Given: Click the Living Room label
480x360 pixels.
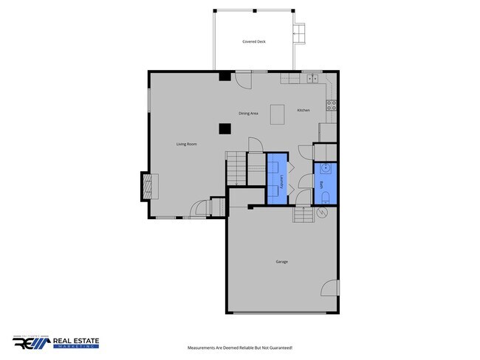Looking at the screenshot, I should [x=186, y=144].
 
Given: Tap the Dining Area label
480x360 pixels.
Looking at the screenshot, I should [x=248, y=114].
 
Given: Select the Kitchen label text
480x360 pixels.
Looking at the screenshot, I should [x=304, y=111].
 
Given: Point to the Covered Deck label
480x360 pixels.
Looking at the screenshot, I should [x=254, y=42].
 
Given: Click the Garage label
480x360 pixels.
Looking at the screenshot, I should [x=282, y=262].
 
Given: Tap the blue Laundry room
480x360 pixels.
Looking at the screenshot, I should [x=278, y=178].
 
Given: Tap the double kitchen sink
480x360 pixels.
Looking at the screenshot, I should [x=312, y=77].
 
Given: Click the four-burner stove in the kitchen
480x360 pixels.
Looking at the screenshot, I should [x=332, y=105].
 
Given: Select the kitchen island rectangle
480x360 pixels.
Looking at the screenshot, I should [x=278, y=114].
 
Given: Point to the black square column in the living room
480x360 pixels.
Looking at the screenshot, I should [x=224, y=128].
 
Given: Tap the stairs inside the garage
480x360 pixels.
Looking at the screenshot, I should [x=302, y=214].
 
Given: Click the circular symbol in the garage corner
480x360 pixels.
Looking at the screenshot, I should [x=321, y=212].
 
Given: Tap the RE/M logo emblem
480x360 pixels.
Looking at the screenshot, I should [x=32, y=343].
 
